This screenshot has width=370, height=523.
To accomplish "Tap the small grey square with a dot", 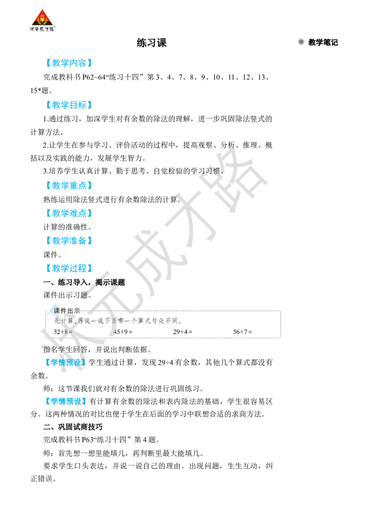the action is pyautogui.click(x=301, y=43).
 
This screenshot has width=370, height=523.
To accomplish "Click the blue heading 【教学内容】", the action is pyautogui.click(x=68, y=63).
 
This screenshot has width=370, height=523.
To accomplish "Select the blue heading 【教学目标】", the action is pyautogui.click(x=68, y=105).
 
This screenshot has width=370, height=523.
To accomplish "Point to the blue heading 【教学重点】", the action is pyautogui.click(x=68, y=186).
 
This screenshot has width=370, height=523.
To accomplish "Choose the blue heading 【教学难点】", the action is pyautogui.click(x=68, y=213).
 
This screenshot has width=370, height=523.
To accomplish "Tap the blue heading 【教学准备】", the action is pyautogui.click(x=68, y=241).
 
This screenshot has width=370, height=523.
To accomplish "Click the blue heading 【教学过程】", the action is pyautogui.click(x=68, y=268).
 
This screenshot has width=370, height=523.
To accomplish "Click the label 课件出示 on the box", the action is pyautogui.click(x=67, y=311).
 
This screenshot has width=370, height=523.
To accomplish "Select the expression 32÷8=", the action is pyautogui.click(x=63, y=332).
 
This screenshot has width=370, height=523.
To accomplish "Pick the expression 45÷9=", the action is pyautogui.click(x=123, y=332).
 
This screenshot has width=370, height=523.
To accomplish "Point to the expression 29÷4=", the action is pyautogui.click(x=183, y=332).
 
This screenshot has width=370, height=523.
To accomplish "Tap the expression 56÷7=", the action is pyautogui.click(x=243, y=332).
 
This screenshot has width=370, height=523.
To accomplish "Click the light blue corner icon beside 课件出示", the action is pyautogui.click(x=49, y=310).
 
